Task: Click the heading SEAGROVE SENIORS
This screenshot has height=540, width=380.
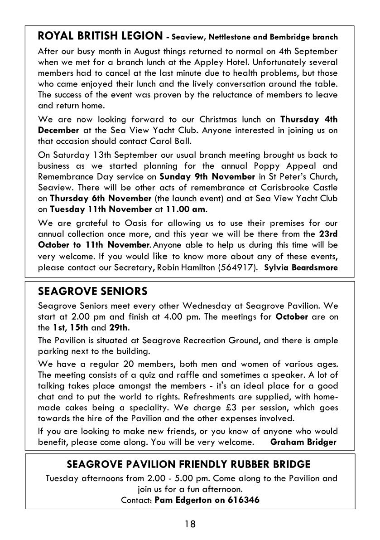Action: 93,290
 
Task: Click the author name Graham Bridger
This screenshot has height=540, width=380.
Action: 303,442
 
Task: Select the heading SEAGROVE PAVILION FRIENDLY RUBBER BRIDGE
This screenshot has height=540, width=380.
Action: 188,464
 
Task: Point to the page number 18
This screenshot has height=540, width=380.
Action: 190,524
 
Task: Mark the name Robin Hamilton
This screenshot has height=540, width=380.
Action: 186,267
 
